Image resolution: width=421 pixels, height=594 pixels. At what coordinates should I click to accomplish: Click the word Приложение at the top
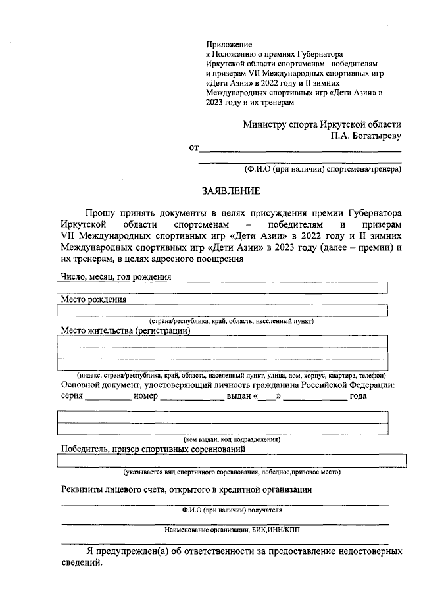point(227,43)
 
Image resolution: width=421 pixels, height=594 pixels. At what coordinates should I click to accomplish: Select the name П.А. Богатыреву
point(366,136)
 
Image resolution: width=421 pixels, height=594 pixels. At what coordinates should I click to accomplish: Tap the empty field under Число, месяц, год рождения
point(223,287)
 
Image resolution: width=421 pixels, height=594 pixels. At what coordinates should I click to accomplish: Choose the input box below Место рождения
point(223,310)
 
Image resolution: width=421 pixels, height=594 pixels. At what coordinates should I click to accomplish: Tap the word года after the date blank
point(358,396)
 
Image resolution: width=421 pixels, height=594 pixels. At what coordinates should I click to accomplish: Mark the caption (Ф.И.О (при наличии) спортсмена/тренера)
point(322,169)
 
